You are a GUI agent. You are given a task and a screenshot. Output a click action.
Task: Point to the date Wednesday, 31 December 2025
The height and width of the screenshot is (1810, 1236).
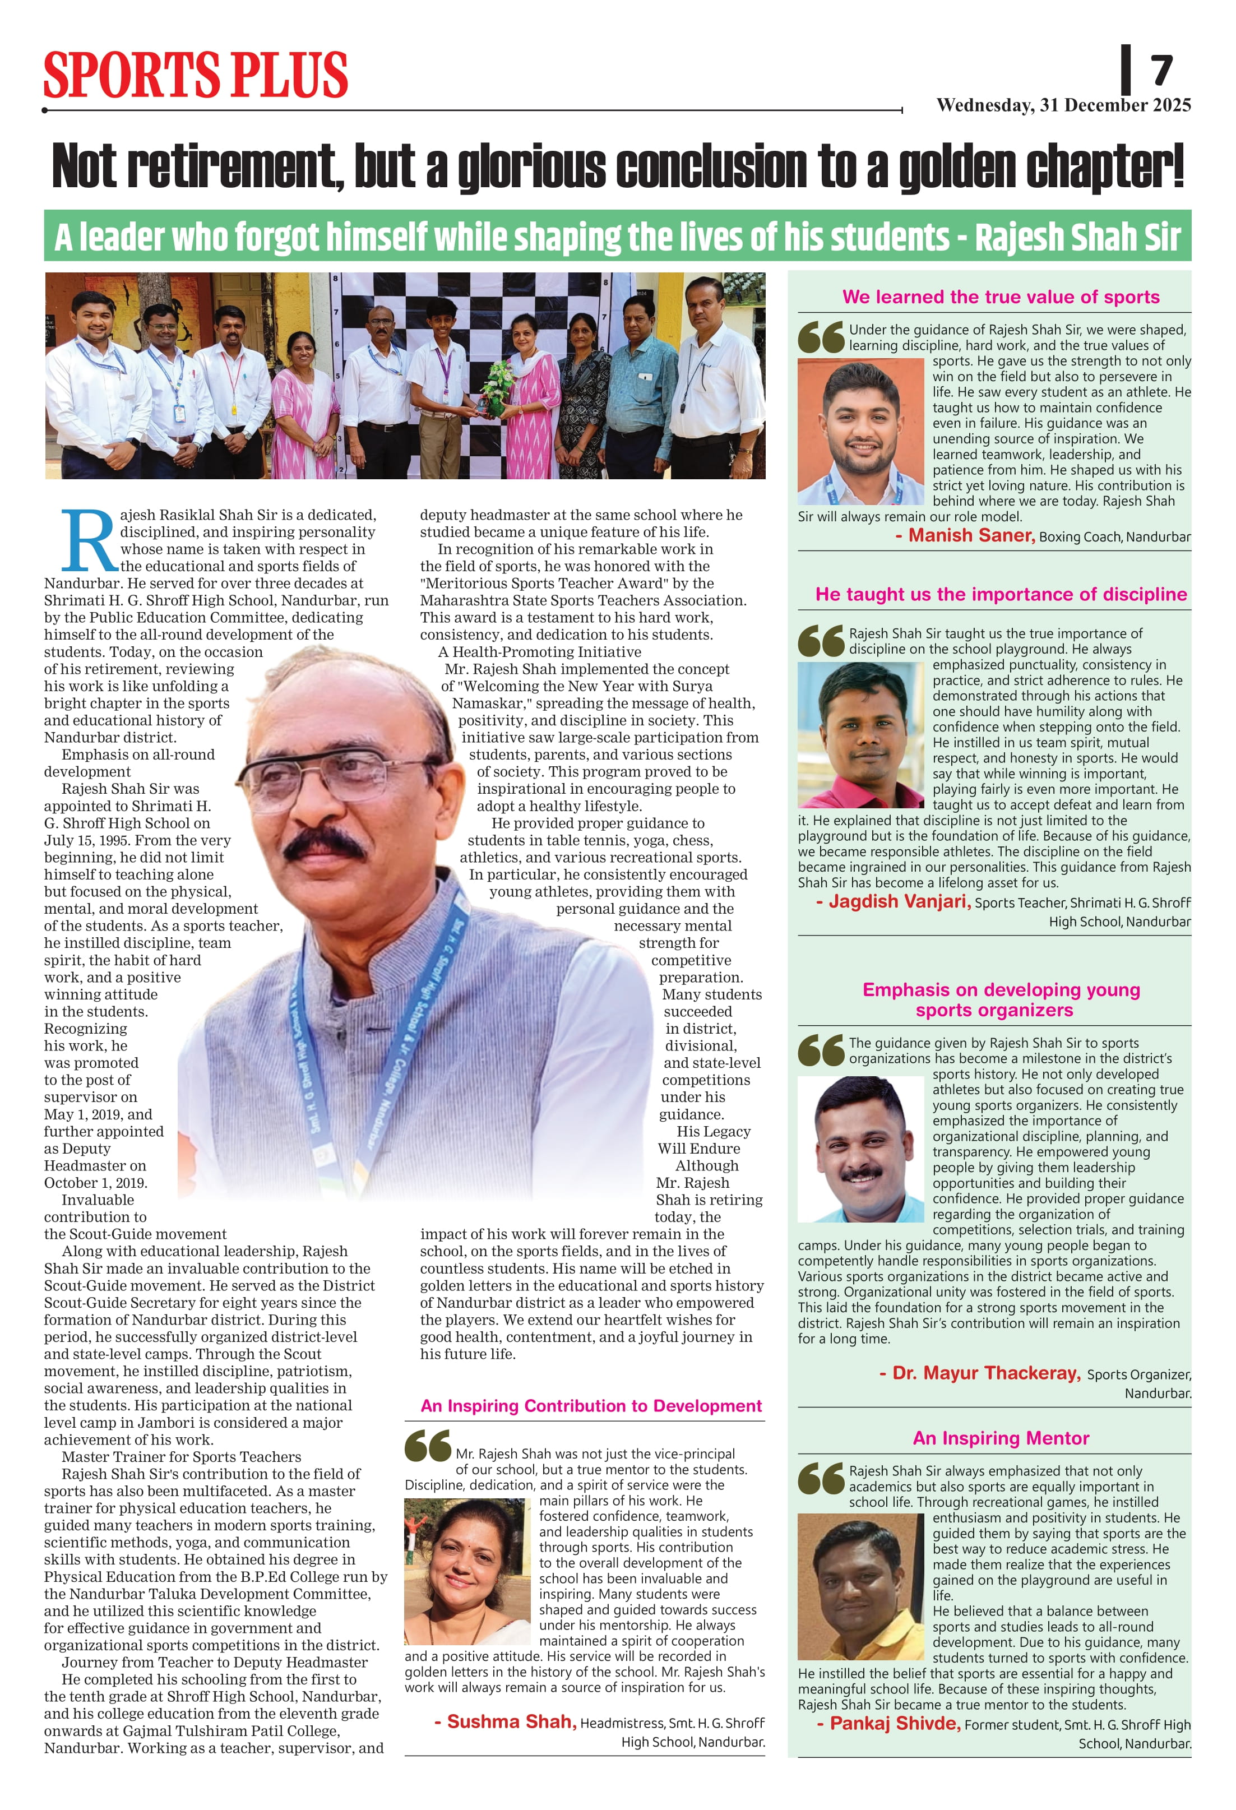pos(1063,105)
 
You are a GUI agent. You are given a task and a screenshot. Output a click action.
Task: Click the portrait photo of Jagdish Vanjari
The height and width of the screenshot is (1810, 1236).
pos(860,734)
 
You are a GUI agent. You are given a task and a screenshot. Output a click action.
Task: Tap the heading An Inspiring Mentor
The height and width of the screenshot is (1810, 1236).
pos(1001,1438)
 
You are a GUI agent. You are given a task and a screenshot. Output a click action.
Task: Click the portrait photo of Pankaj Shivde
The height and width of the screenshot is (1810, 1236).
pos(860,1586)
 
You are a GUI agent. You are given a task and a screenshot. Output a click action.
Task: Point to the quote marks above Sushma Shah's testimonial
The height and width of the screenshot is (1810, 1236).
pos(428,1446)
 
